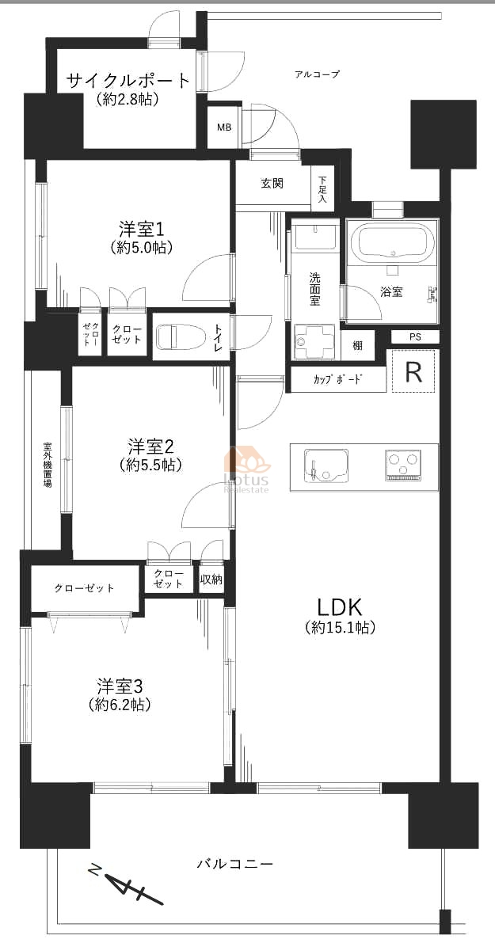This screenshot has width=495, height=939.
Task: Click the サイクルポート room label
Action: pyautogui.click(x=128, y=80)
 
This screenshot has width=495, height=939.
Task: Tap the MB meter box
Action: pyautogui.click(x=223, y=127)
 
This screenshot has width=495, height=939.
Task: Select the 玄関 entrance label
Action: pyautogui.click(x=272, y=184)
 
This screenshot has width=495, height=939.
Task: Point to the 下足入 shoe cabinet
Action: pyautogui.click(x=322, y=189)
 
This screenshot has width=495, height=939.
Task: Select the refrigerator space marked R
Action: pyautogui.click(x=413, y=371)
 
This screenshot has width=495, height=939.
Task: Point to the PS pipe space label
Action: pyautogui.click(x=415, y=336)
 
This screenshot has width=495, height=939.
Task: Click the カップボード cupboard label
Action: pyautogui.click(x=339, y=380)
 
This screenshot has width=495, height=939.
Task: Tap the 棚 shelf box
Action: pyautogui.click(x=358, y=345)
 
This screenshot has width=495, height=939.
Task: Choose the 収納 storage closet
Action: pyautogui.click(x=211, y=579)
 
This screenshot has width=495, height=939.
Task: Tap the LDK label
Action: pyautogui.click(x=340, y=607)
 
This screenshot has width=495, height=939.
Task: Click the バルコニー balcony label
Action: pyautogui.click(x=235, y=864)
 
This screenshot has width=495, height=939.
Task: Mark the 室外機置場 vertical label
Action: pyautogui.click(x=47, y=465)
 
